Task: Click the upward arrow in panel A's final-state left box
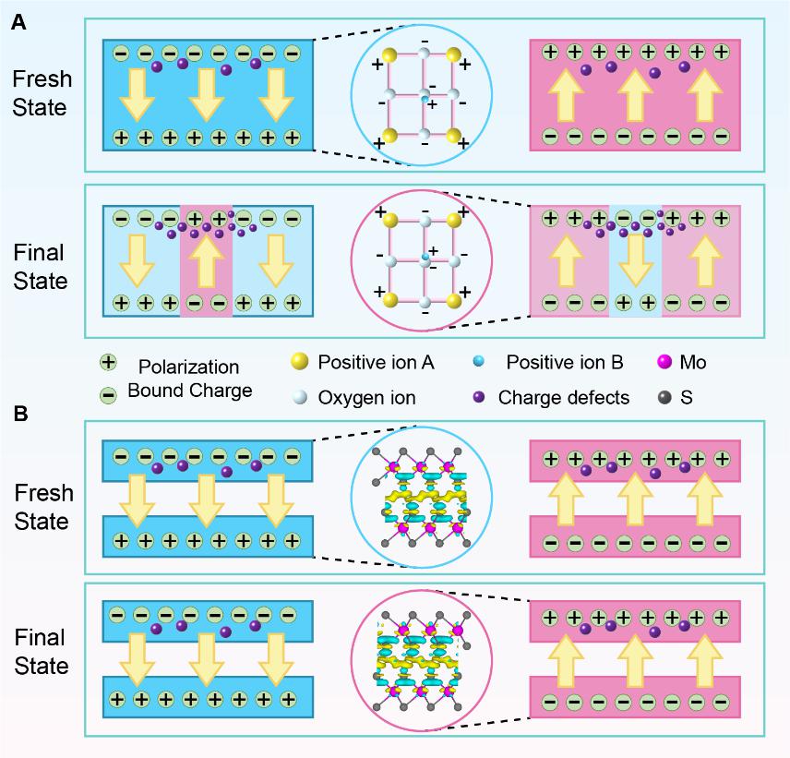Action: tap(206, 262)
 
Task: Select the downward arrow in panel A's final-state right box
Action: tap(635, 262)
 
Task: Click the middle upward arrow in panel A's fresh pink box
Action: tap(635, 96)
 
